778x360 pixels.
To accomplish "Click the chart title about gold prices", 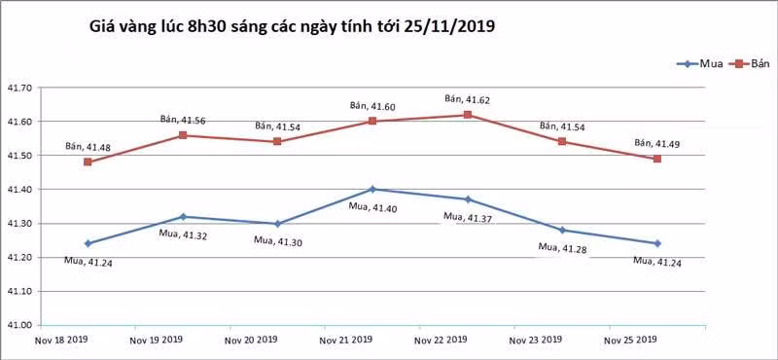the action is [292, 27].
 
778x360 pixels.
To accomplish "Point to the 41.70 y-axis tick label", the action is [18, 88].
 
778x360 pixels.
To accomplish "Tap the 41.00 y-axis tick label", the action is [18, 325].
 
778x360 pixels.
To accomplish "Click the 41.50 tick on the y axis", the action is [18, 156].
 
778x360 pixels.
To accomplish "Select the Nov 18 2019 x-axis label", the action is [62, 341].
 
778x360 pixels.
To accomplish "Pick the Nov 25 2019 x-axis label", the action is [630, 341].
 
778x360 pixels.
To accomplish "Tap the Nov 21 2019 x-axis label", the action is [346, 341].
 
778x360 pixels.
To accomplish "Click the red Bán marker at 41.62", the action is [468, 115].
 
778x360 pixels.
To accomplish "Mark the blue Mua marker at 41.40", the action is [372, 189].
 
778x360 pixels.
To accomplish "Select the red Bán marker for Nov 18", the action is [88, 162].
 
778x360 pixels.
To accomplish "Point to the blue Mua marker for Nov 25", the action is [657, 243].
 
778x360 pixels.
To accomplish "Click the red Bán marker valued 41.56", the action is [183, 135].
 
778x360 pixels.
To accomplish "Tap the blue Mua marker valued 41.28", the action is [562, 230].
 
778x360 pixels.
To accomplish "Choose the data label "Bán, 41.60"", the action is [372, 105].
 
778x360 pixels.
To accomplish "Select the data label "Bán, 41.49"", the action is [657, 143].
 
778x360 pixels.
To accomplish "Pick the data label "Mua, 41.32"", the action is [183, 234].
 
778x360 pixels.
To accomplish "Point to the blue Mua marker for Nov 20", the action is [278, 224].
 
